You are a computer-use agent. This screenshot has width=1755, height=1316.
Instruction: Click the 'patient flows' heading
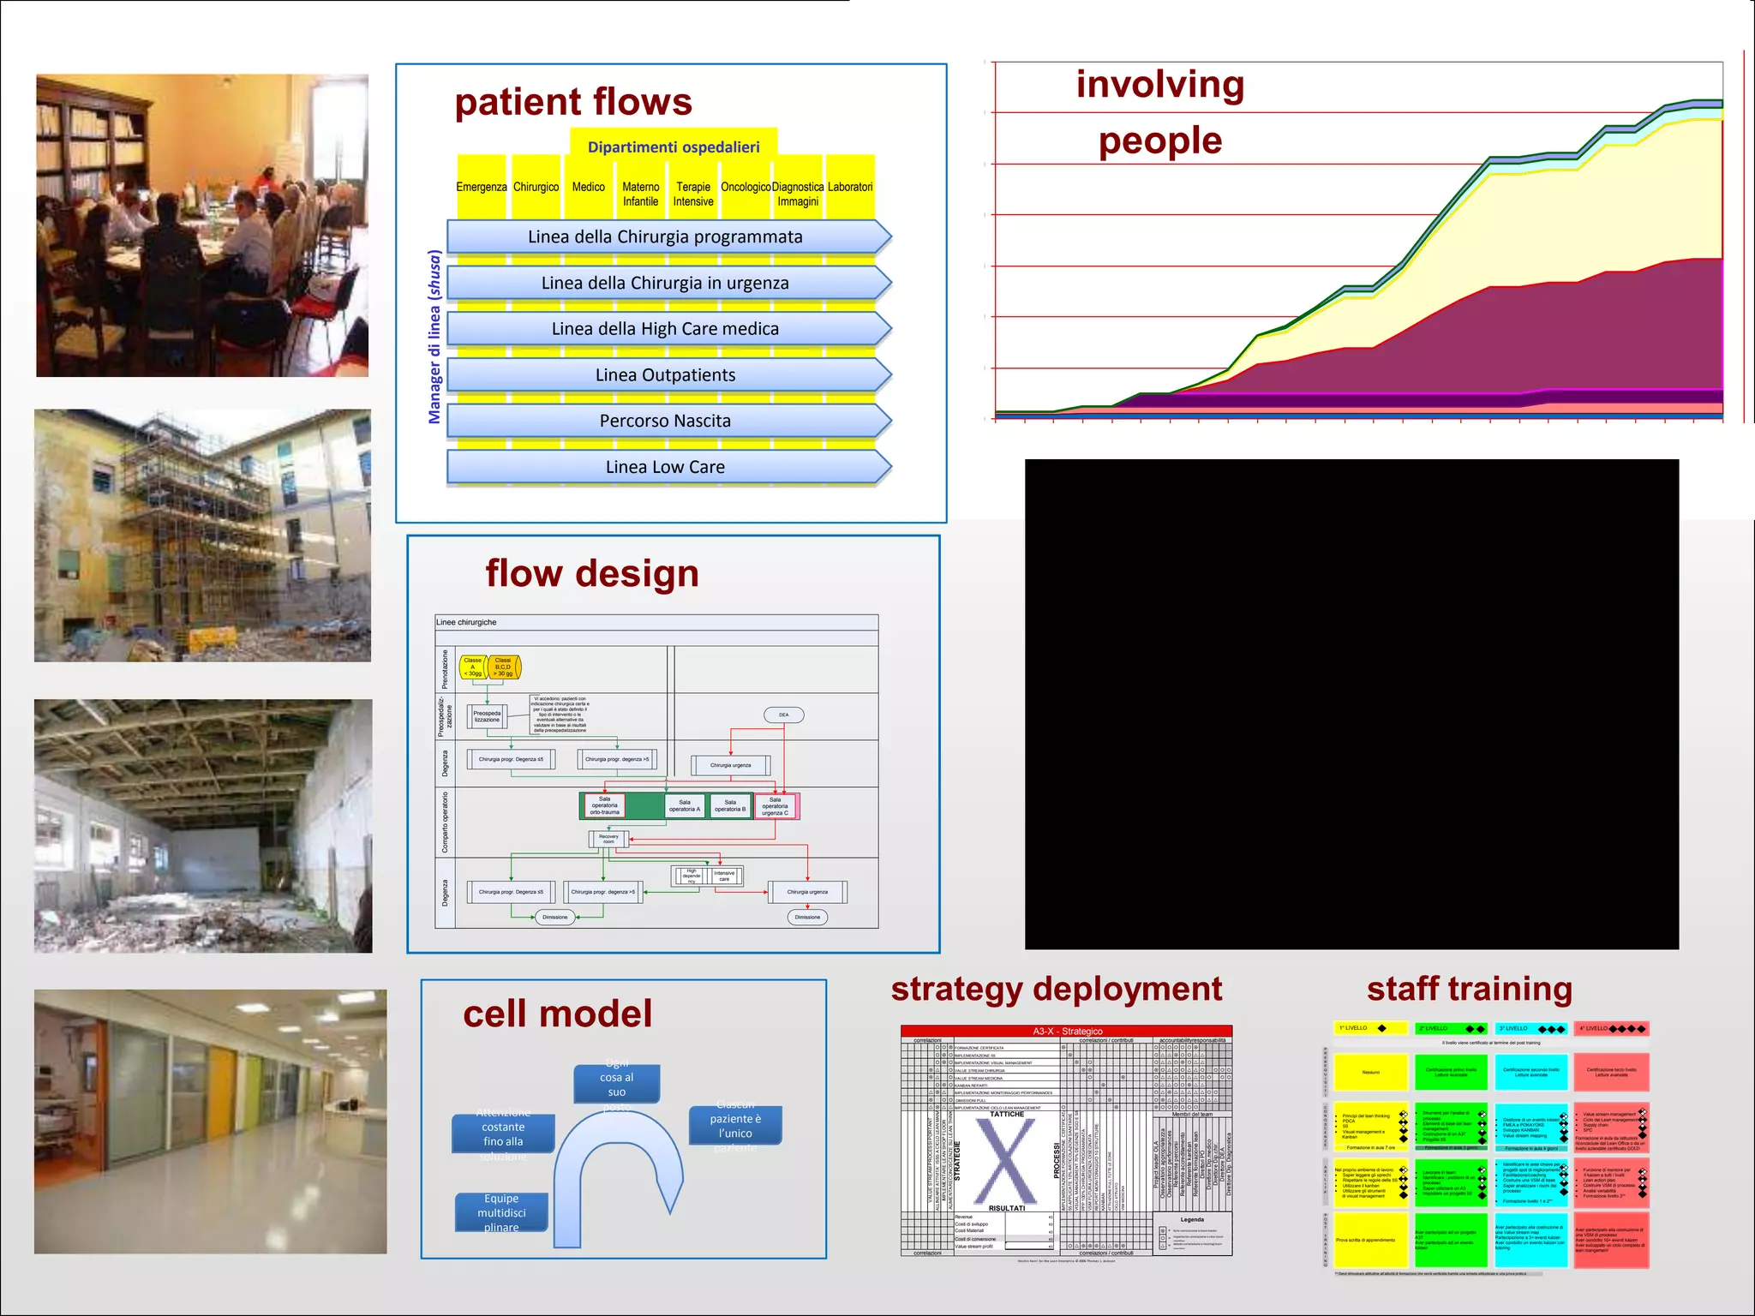pos(572,102)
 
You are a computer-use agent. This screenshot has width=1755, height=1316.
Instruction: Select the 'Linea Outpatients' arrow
pos(665,375)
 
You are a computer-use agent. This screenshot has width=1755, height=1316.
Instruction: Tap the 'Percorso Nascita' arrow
pos(665,421)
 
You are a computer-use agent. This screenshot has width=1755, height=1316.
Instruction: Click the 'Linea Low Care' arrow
pos(665,467)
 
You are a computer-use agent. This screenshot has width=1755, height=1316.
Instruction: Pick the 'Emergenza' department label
pos(482,187)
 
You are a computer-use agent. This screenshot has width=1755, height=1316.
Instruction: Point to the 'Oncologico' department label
pos(746,187)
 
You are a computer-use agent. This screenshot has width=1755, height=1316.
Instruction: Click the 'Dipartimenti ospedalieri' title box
pos(674,147)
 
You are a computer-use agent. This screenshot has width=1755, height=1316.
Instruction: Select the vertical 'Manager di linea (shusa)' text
pos(434,337)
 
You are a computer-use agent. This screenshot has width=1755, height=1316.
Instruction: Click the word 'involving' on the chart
pos(1159,85)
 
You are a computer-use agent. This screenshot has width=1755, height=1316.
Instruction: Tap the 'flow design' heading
pos(592,573)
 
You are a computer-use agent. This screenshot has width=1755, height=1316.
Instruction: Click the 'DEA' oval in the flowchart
pos(783,715)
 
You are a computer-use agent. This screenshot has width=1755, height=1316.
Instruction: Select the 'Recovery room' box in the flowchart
pos(608,839)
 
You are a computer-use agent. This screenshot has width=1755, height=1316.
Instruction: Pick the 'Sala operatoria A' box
pos(685,805)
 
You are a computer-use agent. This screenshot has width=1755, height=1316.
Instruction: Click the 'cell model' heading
pos(557,1014)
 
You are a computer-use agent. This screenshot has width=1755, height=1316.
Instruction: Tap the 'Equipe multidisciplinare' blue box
pos(501,1212)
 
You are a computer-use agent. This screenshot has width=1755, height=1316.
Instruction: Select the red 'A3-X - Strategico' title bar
pos(1066,1031)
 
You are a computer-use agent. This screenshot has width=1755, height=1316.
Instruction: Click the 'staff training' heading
pos(1469,989)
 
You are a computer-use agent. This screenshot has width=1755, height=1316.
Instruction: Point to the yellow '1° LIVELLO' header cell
pos(1369,1028)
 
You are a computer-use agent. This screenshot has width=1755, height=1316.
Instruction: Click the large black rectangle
pos(1351,703)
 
